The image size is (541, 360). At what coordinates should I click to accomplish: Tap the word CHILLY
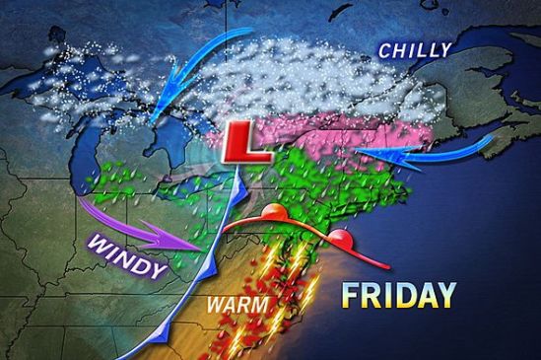(417, 49)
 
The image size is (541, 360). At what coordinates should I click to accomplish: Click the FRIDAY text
(400, 294)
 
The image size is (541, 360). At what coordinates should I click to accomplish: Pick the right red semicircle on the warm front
(341, 236)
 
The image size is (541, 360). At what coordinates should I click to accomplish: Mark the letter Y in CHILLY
(445, 47)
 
